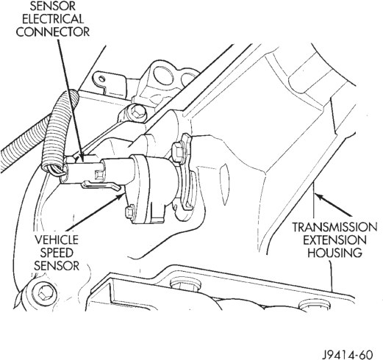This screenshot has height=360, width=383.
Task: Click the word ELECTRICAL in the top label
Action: (53, 19)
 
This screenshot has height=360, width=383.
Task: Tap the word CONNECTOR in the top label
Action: (53, 32)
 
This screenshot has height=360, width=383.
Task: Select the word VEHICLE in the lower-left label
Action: (57, 240)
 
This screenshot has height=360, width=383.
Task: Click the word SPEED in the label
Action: (57, 253)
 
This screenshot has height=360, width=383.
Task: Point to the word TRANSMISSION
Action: (334, 227)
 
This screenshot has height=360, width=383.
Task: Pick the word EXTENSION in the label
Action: (334, 240)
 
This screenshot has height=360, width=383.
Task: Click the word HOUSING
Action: (334, 253)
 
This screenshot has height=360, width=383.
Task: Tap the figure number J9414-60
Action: (347, 354)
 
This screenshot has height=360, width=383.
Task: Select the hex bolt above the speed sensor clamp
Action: (179, 152)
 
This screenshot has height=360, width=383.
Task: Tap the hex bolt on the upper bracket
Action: (135, 112)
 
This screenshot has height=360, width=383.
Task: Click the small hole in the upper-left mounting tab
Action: (102, 79)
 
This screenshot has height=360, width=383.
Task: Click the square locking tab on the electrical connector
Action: (99, 174)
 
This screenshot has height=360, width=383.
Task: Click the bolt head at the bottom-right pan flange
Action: (315, 306)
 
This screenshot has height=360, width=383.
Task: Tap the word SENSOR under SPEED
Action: (57, 265)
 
